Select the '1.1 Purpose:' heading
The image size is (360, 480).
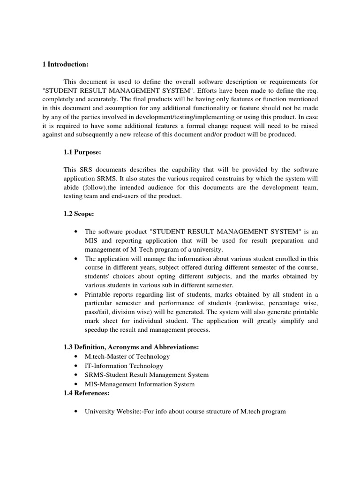click(82, 152)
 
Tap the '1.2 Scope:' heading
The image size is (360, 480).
click(79, 214)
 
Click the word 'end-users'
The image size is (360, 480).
click(129, 196)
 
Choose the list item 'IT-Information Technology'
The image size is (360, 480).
click(124, 366)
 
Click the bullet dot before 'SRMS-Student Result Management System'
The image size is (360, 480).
click(76, 375)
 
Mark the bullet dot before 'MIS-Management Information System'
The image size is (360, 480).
click(76, 384)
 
